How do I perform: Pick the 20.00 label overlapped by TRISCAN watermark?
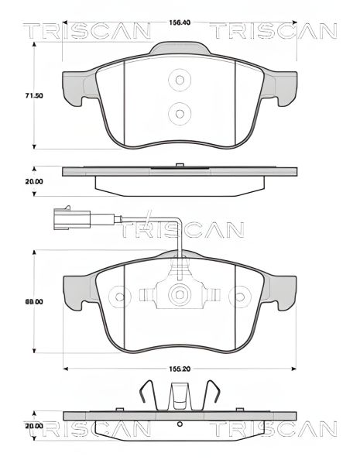point(12,426)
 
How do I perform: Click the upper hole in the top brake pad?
point(180,79)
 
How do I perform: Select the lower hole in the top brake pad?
point(180,113)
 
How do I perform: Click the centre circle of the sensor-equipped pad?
point(180,294)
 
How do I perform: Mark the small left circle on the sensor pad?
point(118,295)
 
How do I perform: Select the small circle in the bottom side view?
point(180,424)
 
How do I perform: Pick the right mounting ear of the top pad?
point(283,86)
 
